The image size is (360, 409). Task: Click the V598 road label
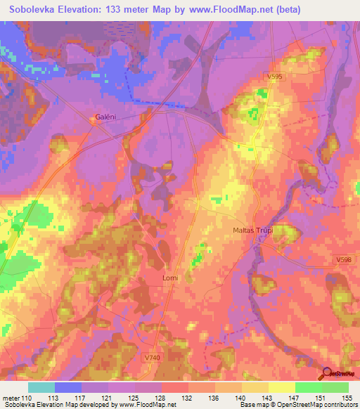[x=344, y=260]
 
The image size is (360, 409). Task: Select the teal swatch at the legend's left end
[x=41, y=387]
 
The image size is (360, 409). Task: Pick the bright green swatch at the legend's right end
[x=335, y=387]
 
